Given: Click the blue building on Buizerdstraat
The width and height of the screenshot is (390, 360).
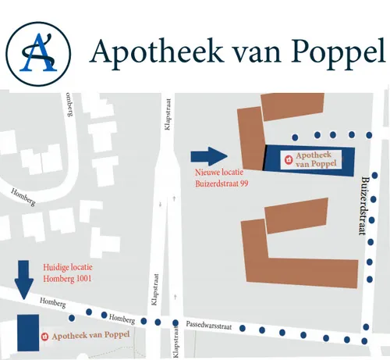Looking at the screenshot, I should pos(309,159).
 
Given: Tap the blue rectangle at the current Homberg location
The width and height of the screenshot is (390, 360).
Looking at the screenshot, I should pos(28,333).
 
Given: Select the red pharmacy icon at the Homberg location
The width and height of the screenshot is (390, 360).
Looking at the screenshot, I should pos(44,336).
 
